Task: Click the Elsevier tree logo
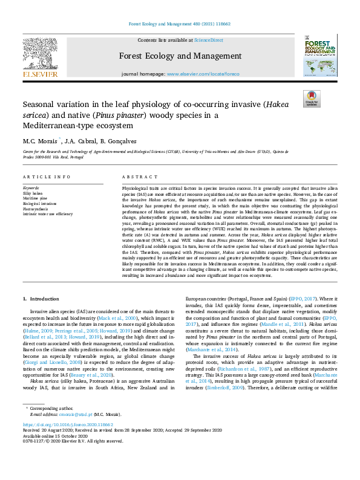41,57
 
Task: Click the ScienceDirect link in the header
208,40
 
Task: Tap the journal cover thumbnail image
320,57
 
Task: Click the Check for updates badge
312,99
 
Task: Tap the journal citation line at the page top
179,24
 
